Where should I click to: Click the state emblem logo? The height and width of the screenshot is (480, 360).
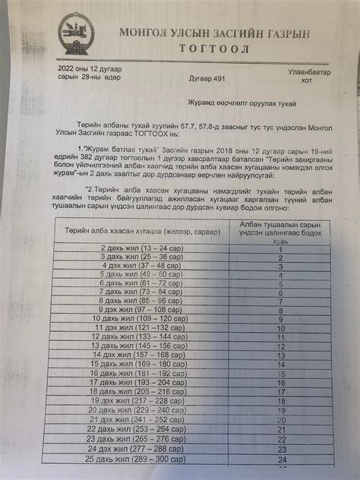click(x=72, y=34)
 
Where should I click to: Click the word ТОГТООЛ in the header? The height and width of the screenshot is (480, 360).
click(x=207, y=46)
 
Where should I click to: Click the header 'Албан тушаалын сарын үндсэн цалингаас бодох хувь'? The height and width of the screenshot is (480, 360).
click(x=280, y=210)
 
